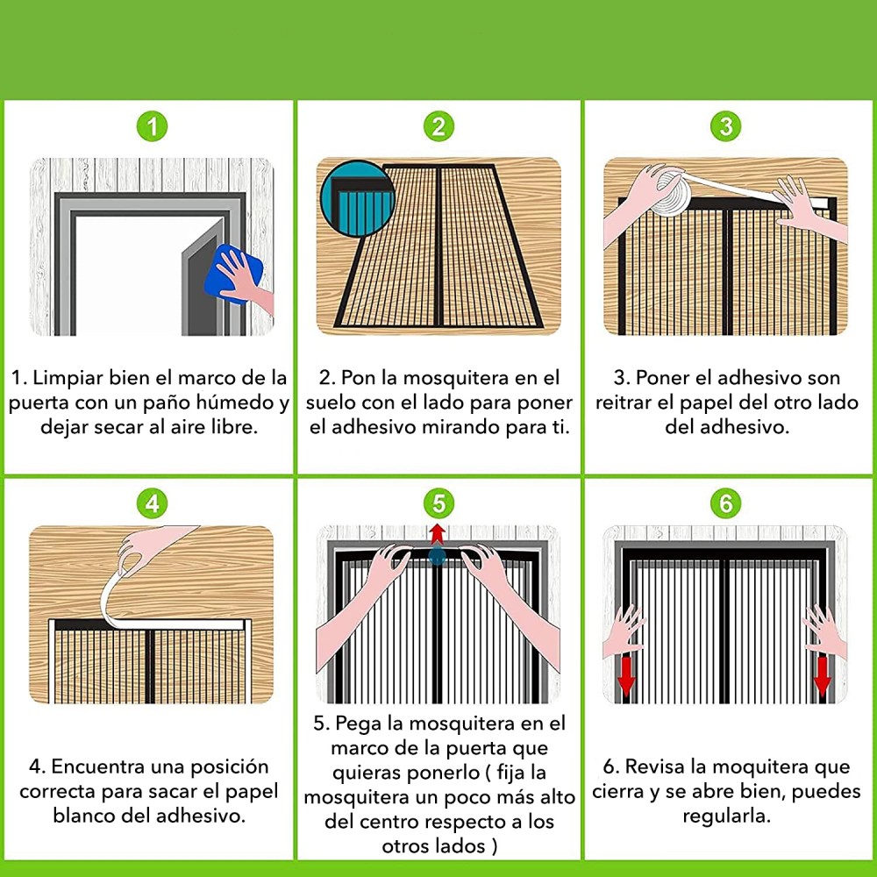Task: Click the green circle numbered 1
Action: click(152, 126)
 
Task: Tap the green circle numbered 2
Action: click(439, 126)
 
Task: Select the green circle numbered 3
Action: click(726, 126)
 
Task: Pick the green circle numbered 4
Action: click(152, 503)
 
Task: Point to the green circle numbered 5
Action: click(439, 503)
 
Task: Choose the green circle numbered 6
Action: click(726, 503)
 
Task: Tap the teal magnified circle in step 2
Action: click(358, 198)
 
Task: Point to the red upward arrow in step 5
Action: click(438, 534)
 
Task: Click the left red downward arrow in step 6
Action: click(626, 675)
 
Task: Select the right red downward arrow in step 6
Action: click(823, 675)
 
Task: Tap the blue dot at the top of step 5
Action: click(438, 557)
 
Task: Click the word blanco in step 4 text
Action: click(84, 816)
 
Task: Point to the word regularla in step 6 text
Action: click(726, 816)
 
